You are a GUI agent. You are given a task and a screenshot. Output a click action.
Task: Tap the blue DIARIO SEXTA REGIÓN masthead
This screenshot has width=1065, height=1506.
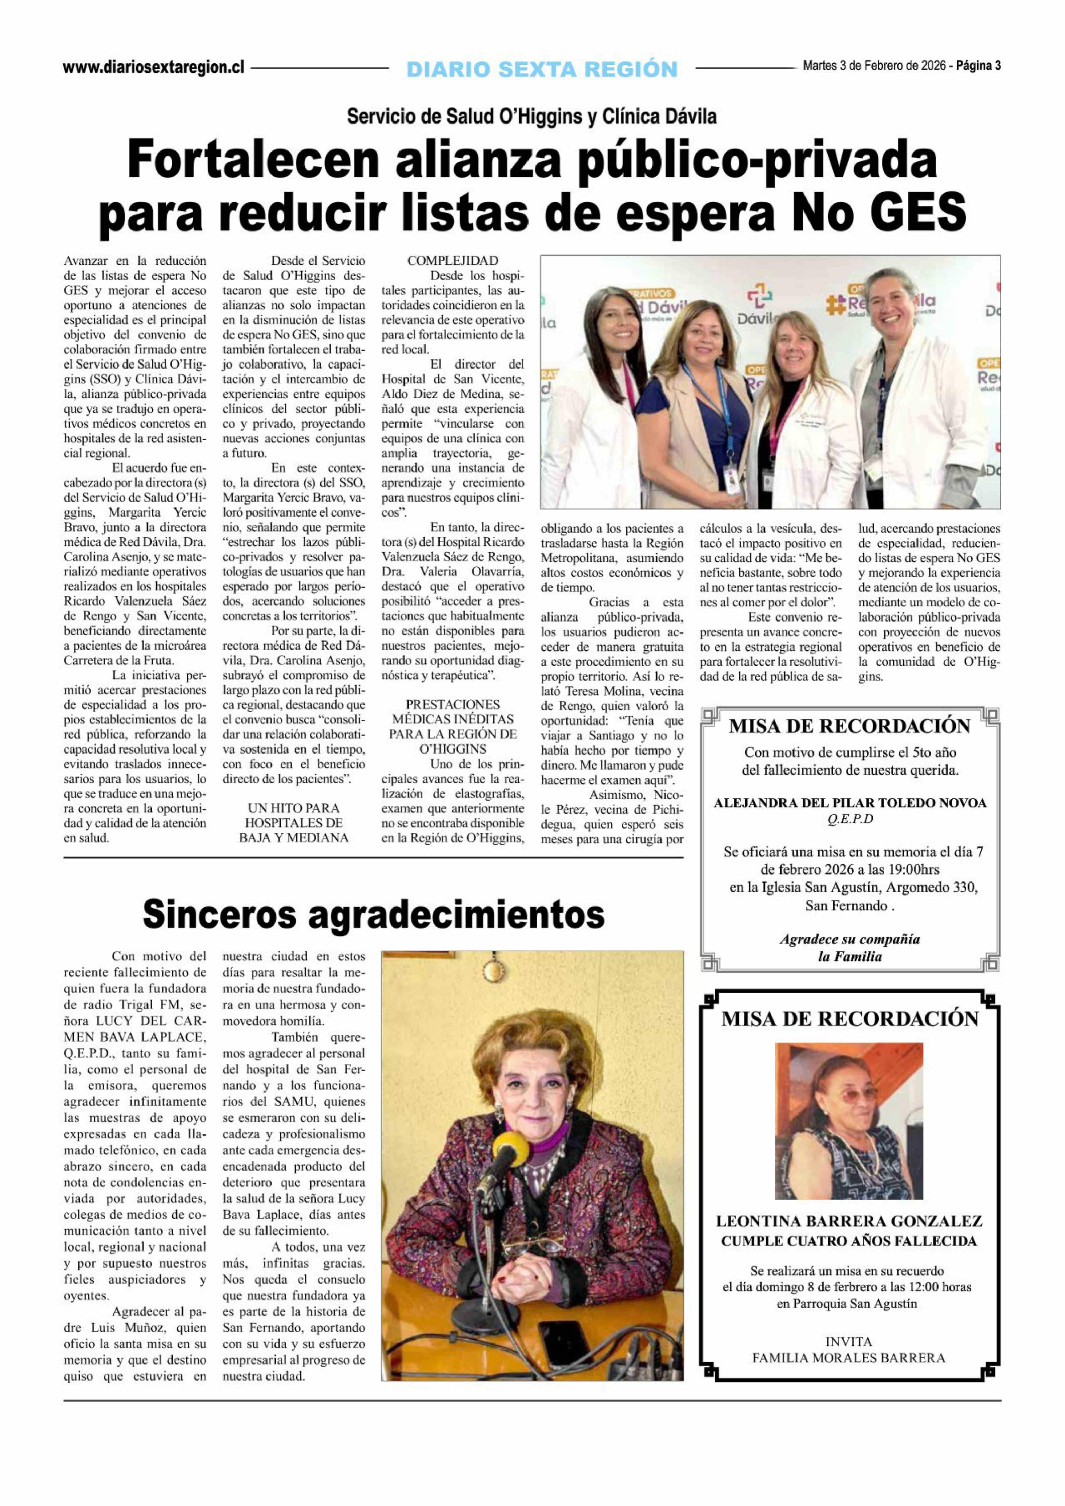(x=542, y=68)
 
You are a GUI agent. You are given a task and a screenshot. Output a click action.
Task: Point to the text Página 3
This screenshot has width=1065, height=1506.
(x=978, y=66)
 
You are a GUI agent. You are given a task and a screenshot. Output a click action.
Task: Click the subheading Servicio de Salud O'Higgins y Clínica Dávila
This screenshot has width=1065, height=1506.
(x=532, y=117)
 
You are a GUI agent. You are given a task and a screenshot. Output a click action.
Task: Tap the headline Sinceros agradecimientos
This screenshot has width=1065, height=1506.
(x=373, y=914)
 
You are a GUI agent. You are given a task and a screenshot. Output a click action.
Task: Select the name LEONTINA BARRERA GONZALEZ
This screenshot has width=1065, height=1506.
(x=849, y=1221)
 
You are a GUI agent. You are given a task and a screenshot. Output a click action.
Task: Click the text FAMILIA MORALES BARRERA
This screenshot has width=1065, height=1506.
(x=849, y=1358)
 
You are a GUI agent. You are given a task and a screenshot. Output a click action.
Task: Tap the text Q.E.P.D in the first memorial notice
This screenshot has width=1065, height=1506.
(x=850, y=819)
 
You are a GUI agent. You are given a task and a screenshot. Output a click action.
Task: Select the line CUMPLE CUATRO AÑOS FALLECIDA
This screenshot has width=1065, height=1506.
(x=849, y=1241)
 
